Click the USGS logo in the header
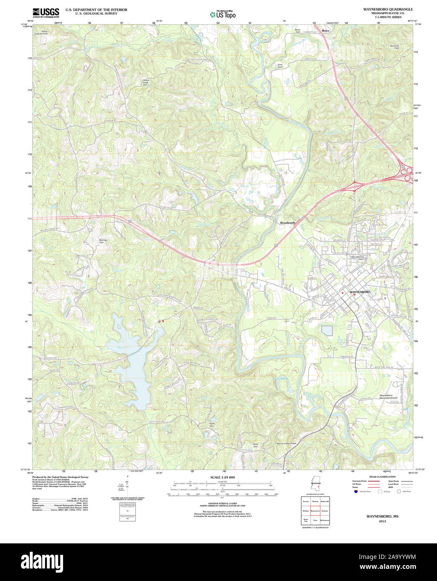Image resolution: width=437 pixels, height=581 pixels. [46, 13]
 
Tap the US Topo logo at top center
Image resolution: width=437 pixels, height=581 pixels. [223, 15]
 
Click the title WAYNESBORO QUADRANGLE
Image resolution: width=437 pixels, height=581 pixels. [382, 9]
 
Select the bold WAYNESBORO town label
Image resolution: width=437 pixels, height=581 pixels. [360, 291]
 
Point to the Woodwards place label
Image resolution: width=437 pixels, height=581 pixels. [287, 223]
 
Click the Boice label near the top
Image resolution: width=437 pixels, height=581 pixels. [325, 31]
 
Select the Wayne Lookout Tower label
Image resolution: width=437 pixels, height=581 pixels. [286, 443]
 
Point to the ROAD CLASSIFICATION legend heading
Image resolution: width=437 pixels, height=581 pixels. [382, 477]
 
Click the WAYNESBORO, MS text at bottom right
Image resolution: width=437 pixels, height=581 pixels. [382, 517]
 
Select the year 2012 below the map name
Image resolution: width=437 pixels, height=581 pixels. [382, 521]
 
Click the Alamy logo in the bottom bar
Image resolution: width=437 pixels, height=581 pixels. [38, 561]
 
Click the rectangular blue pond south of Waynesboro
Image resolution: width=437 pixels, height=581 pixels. [327, 331]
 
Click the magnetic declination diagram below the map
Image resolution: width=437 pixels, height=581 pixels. [127, 485]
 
